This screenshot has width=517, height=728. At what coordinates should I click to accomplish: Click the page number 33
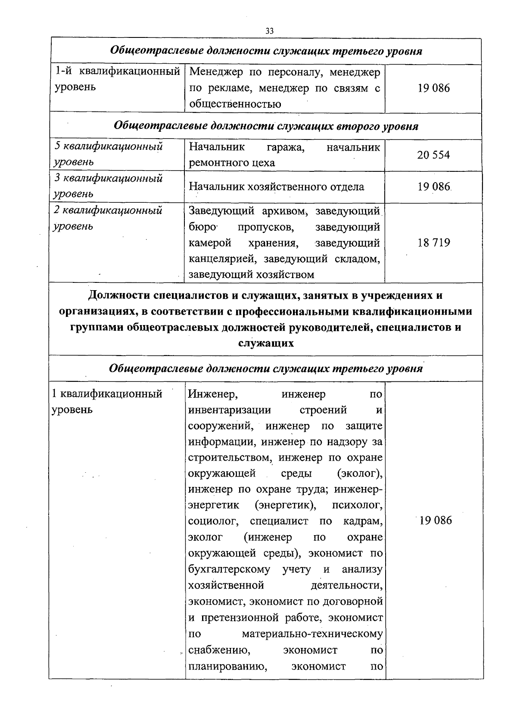[270, 31]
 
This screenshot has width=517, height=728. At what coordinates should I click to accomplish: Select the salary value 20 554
[433, 155]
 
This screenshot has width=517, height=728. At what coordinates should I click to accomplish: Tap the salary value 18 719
[433, 243]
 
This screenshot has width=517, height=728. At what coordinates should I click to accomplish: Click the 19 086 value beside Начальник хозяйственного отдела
[433, 187]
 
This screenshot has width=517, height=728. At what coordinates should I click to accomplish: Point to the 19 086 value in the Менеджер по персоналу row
[433, 88]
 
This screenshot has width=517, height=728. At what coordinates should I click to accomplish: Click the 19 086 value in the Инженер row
[435, 520]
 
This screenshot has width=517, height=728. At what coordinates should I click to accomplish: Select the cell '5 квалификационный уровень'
[109, 154]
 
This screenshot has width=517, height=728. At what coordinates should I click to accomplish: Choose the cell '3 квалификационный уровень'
[109, 186]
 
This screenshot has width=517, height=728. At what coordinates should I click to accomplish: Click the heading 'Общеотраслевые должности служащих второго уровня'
[266, 126]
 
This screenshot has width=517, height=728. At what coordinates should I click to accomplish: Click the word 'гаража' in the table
[286, 147]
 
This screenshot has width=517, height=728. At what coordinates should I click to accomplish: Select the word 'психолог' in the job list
[357, 505]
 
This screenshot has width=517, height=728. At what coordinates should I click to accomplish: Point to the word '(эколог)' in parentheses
[360, 473]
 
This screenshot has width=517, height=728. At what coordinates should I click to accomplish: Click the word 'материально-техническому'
[312, 634]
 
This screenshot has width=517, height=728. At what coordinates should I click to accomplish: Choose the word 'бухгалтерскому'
[229, 569]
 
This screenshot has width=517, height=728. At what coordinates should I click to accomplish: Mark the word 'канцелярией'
[223, 259]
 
